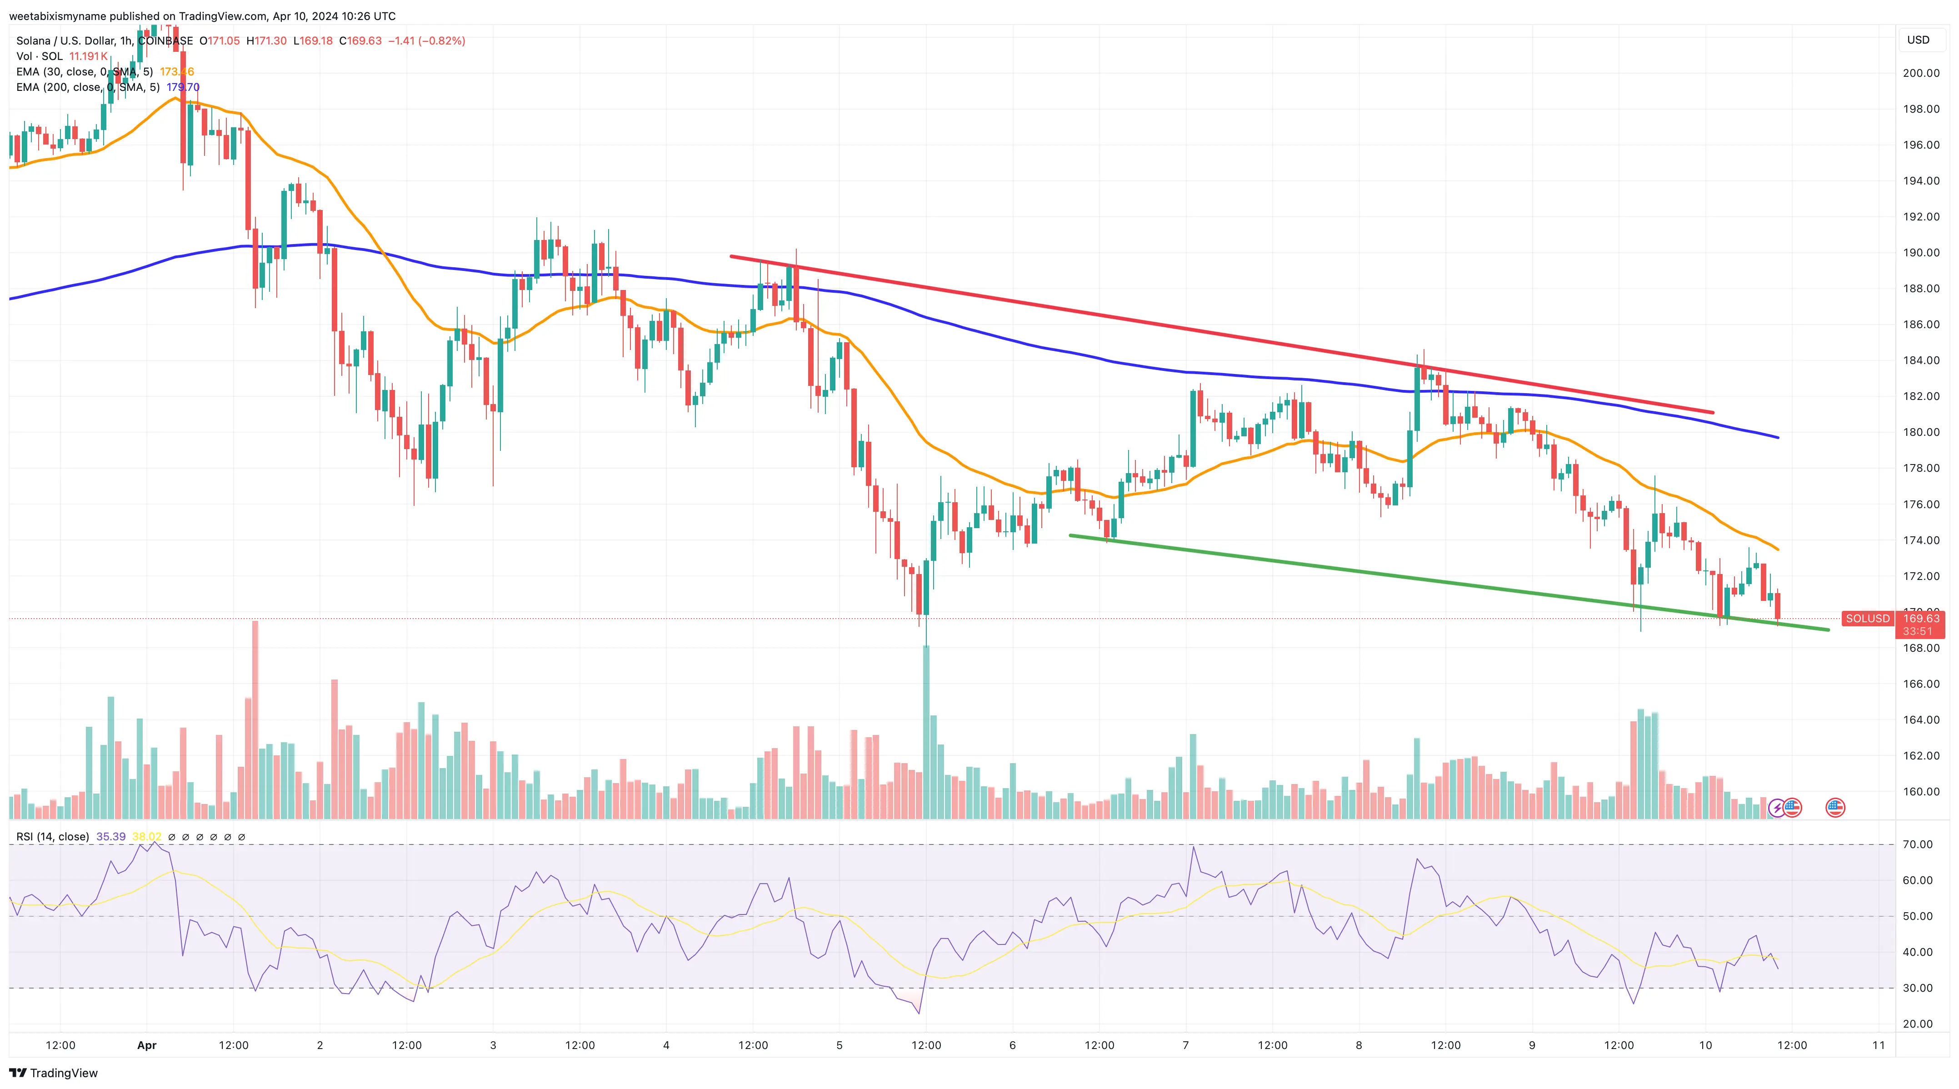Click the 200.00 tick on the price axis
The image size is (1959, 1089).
(x=1921, y=73)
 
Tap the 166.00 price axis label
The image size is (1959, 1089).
(x=1921, y=684)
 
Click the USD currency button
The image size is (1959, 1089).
(x=1918, y=40)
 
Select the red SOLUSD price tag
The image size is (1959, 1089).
(x=1867, y=618)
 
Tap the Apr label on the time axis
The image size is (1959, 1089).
(x=147, y=1045)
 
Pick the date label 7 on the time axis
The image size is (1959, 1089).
(x=1185, y=1045)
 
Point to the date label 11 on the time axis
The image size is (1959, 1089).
(x=1879, y=1045)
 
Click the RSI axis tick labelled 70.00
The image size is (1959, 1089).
(x=1917, y=844)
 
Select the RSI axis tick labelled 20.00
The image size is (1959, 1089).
(x=1917, y=1024)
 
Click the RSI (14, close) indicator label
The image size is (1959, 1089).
(x=52, y=837)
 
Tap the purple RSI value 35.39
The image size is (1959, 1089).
(x=111, y=837)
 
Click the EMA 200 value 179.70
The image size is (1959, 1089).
(x=183, y=87)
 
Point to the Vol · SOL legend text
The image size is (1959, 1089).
(x=40, y=56)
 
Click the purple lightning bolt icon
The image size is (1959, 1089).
(x=1776, y=808)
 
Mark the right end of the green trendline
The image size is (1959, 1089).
(x=1828, y=629)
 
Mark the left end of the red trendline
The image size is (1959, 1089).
(x=731, y=256)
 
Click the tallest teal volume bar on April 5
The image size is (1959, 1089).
(x=926, y=730)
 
